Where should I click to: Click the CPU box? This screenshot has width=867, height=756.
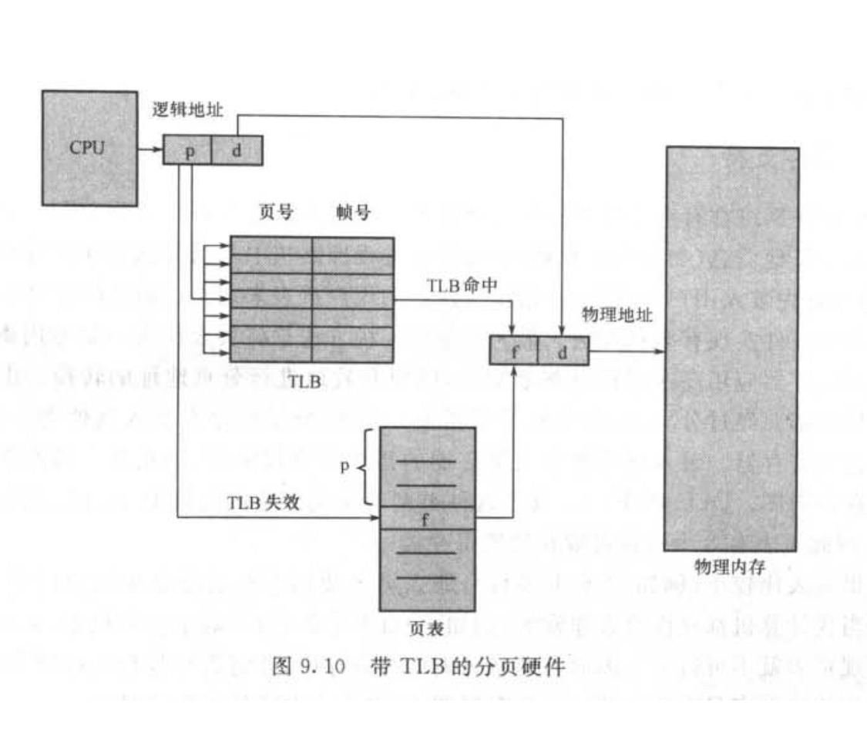click(89, 147)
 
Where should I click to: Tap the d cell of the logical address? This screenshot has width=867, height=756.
click(237, 150)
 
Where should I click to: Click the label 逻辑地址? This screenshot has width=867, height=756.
click(187, 110)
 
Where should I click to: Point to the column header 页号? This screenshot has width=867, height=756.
click(275, 213)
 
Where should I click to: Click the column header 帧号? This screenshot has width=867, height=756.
click(353, 213)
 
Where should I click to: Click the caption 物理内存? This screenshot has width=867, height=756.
click(729, 567)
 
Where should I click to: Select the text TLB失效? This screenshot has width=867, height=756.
click(263, 502)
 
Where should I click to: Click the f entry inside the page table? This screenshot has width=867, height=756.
click(425, 519)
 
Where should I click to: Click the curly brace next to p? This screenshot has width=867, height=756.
click(365, 467)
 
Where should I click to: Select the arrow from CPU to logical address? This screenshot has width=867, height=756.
click(150, 148)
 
